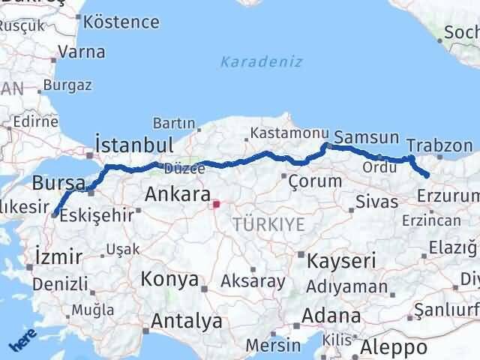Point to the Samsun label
click(x=366, y=137)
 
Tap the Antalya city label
click(x=186, y=321)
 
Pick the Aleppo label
click(x=394, y=347)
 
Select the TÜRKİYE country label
click(x=268, y=223)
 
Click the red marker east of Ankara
click(x=216, y=202)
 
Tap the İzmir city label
click(x=58, y=257)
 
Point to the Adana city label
click(x=331, y=316)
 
